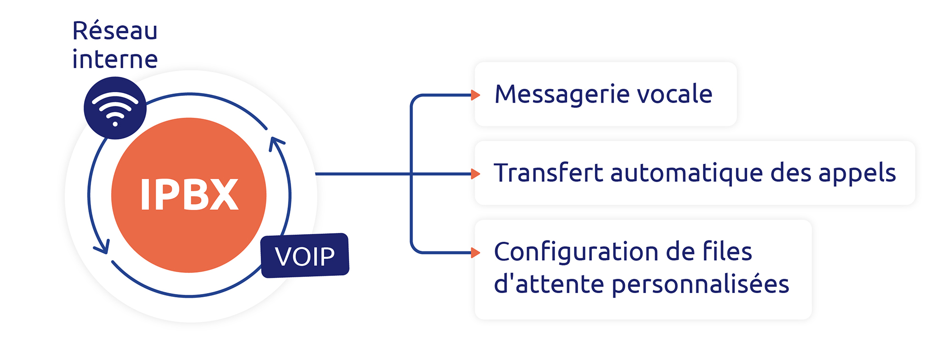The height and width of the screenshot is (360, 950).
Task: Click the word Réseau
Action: point(114,30)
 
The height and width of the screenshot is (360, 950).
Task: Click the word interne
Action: point(115,59)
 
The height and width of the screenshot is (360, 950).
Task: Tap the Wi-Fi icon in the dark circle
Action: point(115,109)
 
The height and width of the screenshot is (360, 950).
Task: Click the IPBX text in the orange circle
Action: point(189,194)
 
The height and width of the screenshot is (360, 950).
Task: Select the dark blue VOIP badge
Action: point(305,256)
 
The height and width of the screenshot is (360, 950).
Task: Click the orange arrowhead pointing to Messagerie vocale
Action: point(475,95)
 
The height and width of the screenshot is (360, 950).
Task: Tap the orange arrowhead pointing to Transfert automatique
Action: point(475,174)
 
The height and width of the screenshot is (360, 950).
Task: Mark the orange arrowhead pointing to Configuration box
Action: point(475,253)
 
